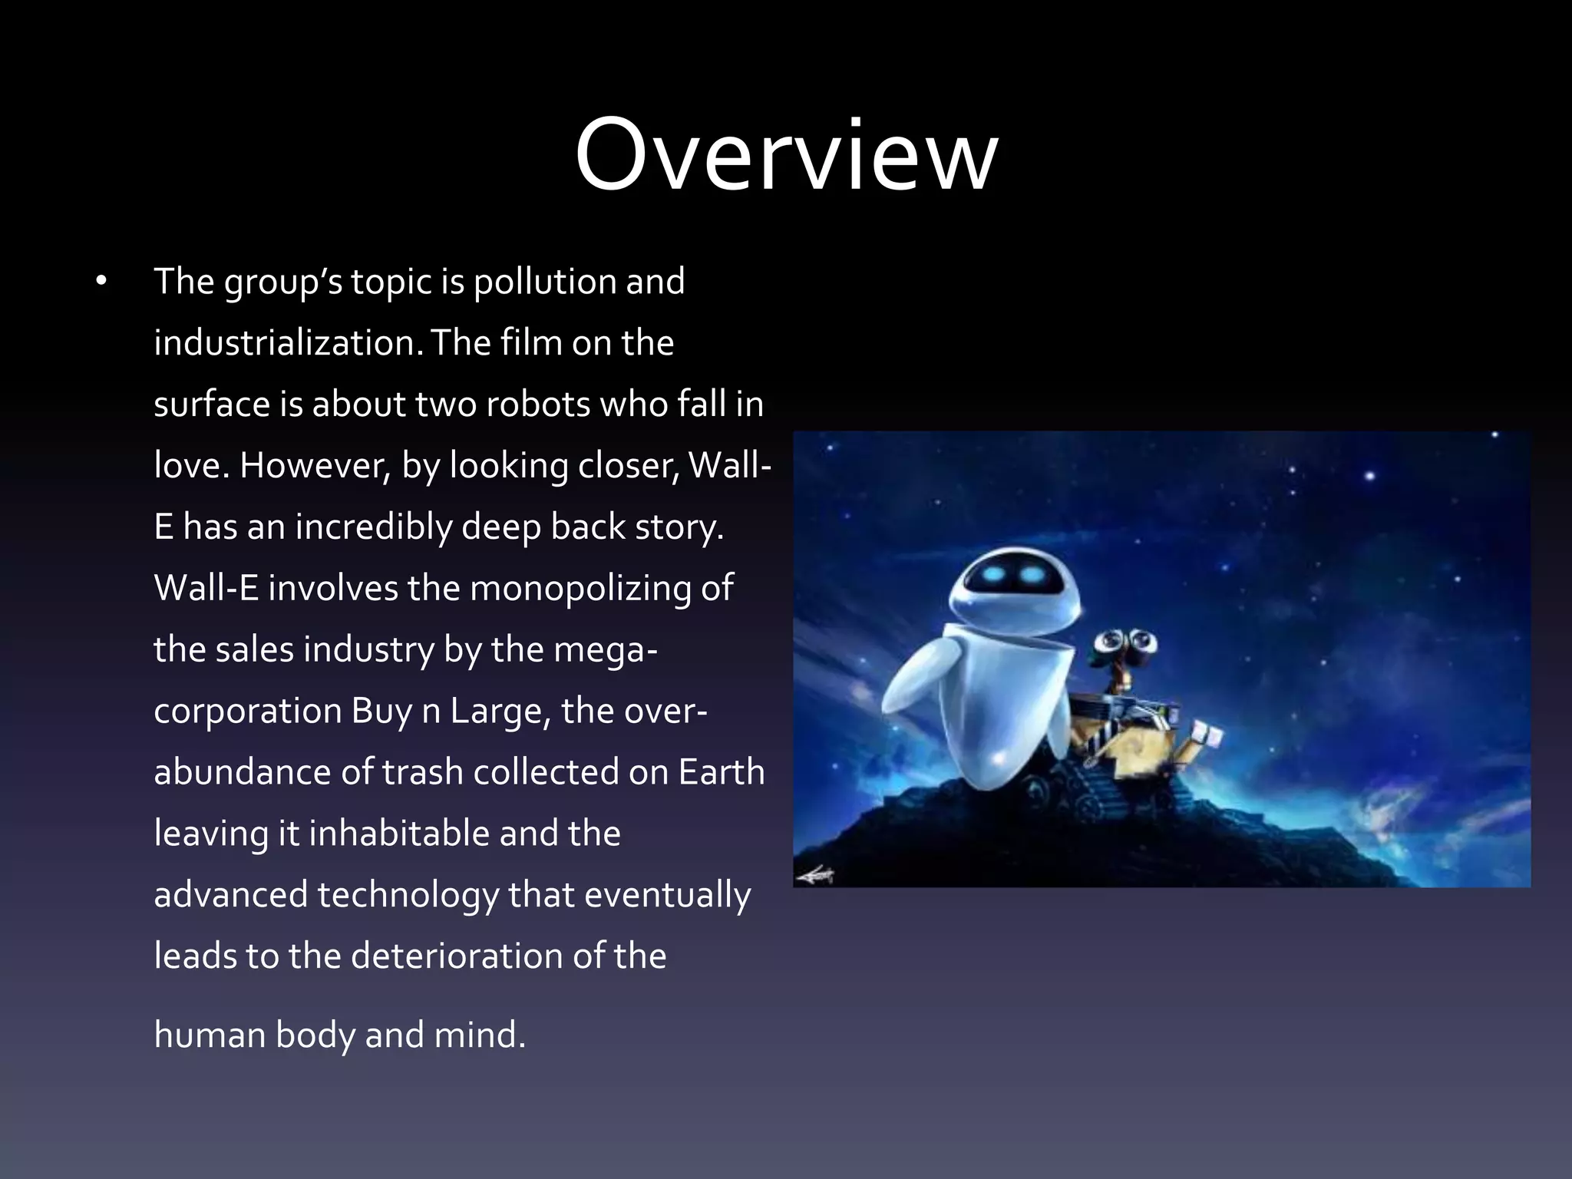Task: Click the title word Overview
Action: pos(786,157)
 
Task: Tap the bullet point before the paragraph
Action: pos(101,282)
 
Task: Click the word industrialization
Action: pos(288,343)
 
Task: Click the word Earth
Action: pos(722,773)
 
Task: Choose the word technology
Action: pos(408,896)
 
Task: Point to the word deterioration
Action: pos(474,957)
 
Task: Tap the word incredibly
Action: pos(374,527)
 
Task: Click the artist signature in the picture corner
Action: pos(815,874)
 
